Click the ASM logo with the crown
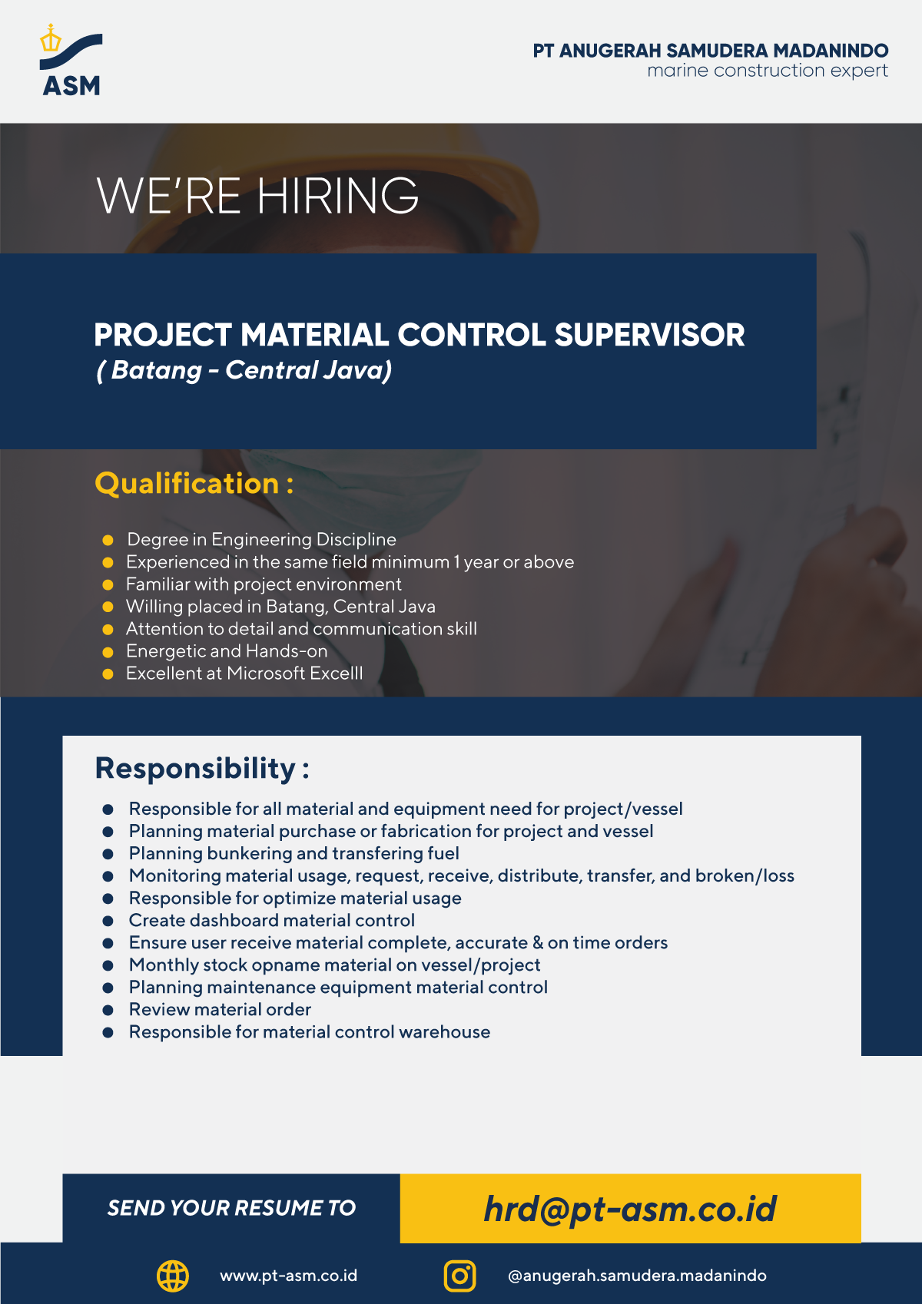pyautogui.click(x=71, y=60)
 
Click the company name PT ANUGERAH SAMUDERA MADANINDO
pyautogui.click(x=711, y=51)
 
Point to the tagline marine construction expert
pyautogui.click(x=768, y=71)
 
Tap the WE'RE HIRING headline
pyautogui.click(x=257, y=195)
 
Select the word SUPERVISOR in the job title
pyautogui.click(x=649, y=335)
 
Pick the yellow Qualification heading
pyautogui.click(x=194, y=484)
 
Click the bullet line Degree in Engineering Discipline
pyautogui.click(x=261, y=540)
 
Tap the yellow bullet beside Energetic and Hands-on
pyautogui.click(x=108, y=652)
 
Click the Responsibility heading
pyautogui.click(x=202, y=769)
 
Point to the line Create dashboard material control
pyautogui.click(x=272, y=920)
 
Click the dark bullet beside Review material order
pyautogui.click(x=108, y=1010)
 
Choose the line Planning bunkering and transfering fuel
pyautogui.click(x=294, y=853)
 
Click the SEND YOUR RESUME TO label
pyautogui.click(x=232, y=1208)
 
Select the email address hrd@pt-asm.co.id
pyautogui.click(x=630, y=1209)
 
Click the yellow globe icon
pyautogui.click(x=173, y=1276)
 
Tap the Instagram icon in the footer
pyautogui.click(x=460, y=1276)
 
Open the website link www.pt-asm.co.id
pyautogui.click(x=288, y=1276)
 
